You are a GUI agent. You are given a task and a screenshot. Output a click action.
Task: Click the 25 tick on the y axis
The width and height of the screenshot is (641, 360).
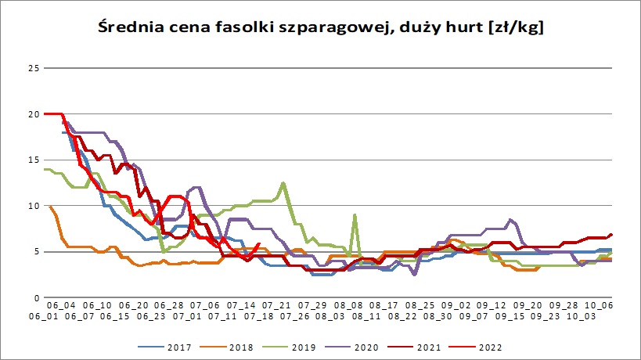click(x=33, y=68)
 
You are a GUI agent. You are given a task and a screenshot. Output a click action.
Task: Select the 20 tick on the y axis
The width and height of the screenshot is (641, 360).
click(x=33, y=114)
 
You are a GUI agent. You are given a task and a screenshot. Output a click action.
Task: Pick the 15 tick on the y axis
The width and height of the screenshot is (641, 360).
click(x=33, y=160)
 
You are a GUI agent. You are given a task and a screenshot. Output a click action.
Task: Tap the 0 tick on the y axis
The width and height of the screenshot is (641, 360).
click(x=36, y=298)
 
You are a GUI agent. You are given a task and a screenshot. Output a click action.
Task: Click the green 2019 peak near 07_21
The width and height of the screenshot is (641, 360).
click(x=283, y=183)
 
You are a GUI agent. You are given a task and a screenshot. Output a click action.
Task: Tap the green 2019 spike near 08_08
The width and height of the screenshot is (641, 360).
click(x=355, y=214)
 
